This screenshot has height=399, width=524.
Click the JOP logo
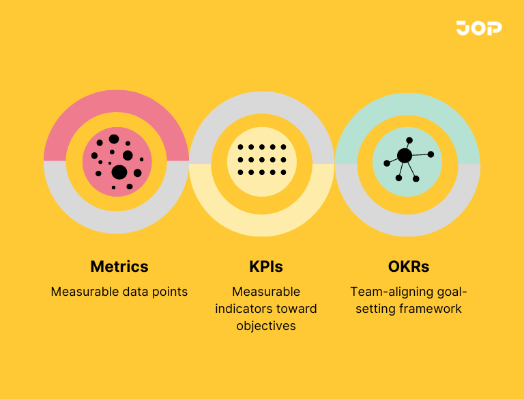(479, 28)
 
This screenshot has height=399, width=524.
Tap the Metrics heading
(119, 266)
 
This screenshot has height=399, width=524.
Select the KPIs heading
(265, 266)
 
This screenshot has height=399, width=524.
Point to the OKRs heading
(409, 266)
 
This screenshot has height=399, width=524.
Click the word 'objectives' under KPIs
(266, 326)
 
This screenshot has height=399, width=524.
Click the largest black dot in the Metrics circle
(119, 171)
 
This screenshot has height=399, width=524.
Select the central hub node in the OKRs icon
(405, 156)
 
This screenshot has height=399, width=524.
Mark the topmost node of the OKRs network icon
(409, 140)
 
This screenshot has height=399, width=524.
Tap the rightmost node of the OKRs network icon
(431, 154)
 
